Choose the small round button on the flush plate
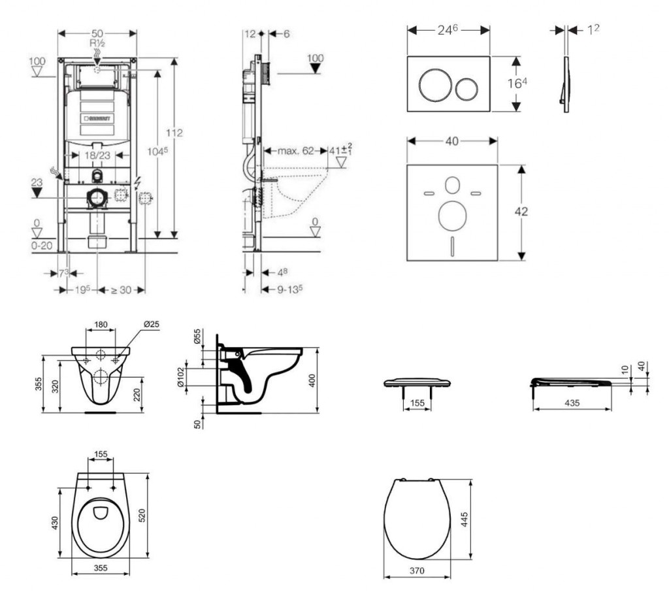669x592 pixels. tap(466, 88)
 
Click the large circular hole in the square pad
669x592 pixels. tap(451, 216)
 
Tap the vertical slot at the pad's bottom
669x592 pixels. tap(451, 247)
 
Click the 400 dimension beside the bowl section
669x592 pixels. tap(313, 380)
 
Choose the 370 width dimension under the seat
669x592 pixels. tap(416, 571)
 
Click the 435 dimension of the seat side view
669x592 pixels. tap(572, 404)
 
